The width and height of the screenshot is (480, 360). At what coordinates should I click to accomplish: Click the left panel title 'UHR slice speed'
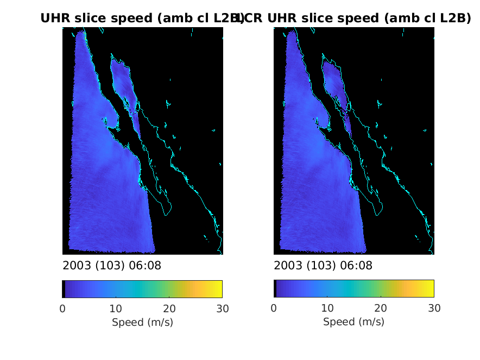pos(142,18)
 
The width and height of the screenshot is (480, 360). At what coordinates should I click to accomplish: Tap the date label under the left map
pos(112,266)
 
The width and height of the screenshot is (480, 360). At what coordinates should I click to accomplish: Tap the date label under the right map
pos(323,266)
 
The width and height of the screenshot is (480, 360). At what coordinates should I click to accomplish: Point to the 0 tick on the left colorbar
pos(62,309)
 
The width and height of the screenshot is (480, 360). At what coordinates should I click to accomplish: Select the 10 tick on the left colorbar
pos(116,309)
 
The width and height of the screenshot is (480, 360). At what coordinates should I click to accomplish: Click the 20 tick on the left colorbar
pos(169,309)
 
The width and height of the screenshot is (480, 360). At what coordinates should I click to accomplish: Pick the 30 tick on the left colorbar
pos(222,309)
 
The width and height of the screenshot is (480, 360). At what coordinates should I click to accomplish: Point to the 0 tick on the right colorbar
pos(274,309)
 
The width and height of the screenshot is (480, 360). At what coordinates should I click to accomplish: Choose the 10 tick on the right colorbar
pos(327,309)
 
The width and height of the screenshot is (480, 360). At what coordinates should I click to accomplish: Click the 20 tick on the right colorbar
pos(380,309)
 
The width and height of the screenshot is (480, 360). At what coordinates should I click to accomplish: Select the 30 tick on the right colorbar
pos(433,309)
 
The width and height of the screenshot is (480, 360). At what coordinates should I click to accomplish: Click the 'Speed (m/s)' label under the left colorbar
pos(142,322)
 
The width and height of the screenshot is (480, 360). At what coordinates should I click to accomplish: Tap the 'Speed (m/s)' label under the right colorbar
pos(353,322)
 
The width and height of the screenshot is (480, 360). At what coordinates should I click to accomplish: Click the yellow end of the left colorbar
pos(219,289)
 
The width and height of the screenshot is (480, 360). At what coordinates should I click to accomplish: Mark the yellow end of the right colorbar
pos(431,289)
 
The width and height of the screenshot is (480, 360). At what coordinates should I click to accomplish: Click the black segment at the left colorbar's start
pos(64,289)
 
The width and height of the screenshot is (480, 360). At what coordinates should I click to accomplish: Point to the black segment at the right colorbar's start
pos(275,289)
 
